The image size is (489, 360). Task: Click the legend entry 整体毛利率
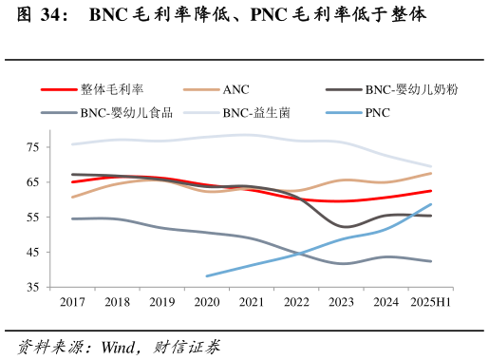[x=112, y=90]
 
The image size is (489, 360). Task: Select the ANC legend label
[x=236, y=90]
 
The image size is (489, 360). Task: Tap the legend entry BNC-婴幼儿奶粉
[x=411, y=90]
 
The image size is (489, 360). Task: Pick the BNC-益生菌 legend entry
[x=256, y=113]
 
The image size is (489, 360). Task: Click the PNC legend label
[x=377, y=113]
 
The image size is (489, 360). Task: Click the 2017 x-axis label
[x=72, y=302]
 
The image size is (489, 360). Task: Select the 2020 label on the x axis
[x=207, y=302]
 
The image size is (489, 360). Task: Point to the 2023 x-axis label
[x=342, y=302]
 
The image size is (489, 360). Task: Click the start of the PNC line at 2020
[x=207, y=275]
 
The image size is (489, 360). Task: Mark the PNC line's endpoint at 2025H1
[x=431, y=204]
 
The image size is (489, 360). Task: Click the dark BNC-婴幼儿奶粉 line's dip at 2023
[x=344, y=226]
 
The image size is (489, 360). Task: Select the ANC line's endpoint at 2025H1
[x=431, y=173]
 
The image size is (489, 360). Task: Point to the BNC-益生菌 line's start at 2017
[x=72, y=144]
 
